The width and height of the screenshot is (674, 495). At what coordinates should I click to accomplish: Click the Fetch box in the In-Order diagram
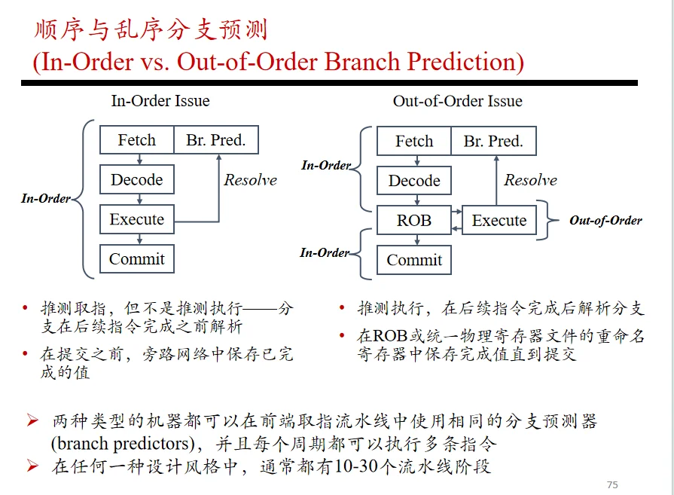pos(137,140)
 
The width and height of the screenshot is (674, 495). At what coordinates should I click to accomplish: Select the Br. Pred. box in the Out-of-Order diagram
pos(493,141)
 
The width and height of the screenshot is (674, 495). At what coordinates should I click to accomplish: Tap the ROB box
pos(414,220)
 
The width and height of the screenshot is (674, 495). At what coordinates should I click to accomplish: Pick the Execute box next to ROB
pos(499,220)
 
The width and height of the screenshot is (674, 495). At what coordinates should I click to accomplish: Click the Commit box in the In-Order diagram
pos(137,259)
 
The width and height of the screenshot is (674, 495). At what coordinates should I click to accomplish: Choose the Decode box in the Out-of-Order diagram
pos(414,181)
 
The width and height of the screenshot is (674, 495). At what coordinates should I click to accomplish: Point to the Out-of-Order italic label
pos(605,221)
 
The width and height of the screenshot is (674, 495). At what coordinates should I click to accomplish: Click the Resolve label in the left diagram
pos(251,180)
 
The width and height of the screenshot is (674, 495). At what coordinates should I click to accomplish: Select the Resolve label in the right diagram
pos(530,180)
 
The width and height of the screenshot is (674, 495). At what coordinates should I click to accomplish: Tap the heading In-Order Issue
pos(160,101)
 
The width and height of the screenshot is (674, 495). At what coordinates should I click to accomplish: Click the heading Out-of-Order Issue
pos(457,101)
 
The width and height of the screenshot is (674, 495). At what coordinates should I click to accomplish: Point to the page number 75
pos(612,484)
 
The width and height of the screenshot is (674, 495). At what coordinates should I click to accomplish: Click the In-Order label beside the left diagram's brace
pos(46,198)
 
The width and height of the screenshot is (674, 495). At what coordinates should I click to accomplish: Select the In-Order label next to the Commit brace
pos(325,252)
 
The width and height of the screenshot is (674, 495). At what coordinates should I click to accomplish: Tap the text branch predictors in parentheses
pos(123,444)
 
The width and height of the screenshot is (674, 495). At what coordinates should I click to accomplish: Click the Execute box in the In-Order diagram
pos(137,219)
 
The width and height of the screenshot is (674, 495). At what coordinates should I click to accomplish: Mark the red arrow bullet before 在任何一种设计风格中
pos(32,466)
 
